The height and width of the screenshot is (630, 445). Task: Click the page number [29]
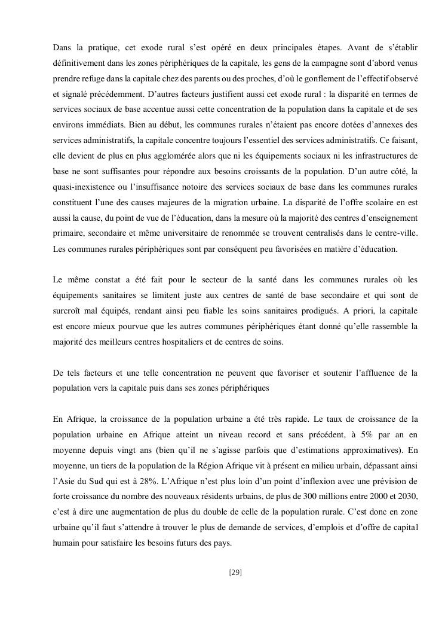click(x=235, y=573)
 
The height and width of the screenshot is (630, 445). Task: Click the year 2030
click(x=406, y=497)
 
